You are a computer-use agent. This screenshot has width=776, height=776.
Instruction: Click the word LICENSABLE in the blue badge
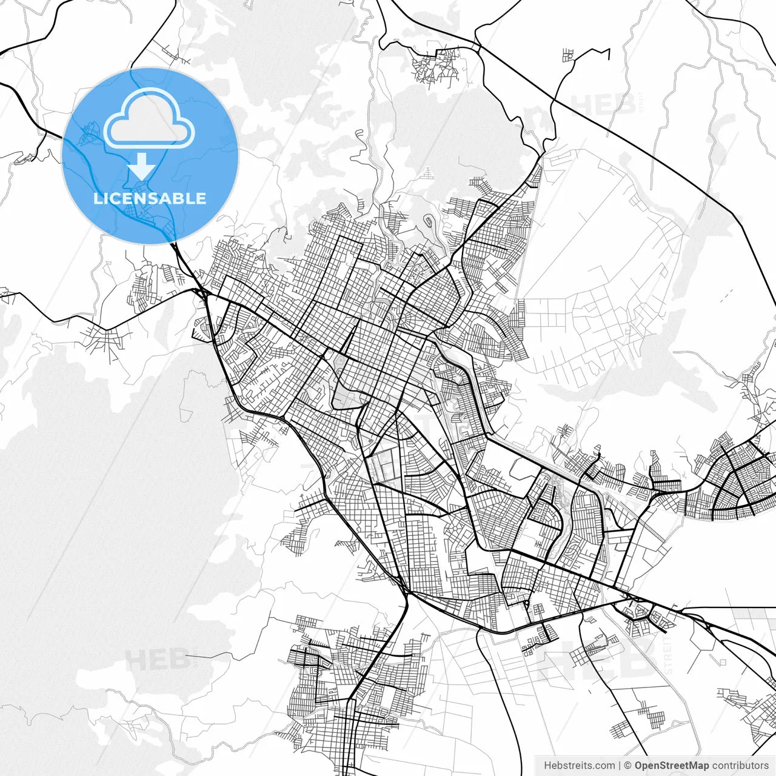(x=150, y=198)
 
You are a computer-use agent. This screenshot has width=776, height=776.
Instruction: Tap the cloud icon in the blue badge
(x=149, y=118)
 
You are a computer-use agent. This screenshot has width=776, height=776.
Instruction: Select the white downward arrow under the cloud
(x=144, y=165)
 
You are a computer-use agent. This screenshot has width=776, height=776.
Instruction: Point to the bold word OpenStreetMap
(x=672, y=766)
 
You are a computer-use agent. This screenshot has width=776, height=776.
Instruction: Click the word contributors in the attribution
(x=740, y=766)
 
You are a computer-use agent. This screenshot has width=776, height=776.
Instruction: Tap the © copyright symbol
(x=628, y=766)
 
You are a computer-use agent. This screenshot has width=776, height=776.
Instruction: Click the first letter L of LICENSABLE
(x=97, y=198)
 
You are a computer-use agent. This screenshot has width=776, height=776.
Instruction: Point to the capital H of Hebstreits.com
(x=547, y=766)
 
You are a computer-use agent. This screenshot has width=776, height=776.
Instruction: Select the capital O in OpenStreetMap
(x=639, y=766)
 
